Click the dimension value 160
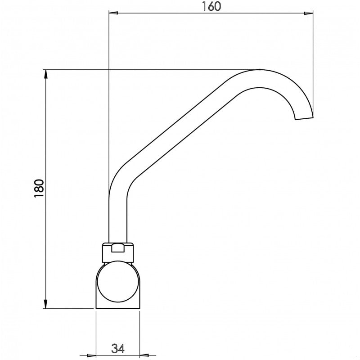point(211,7)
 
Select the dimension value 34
point(118,348)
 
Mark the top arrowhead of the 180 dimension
point(45,74)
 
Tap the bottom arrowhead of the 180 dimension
point(45,304)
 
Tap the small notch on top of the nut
point(118,247)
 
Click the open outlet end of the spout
point(304,118)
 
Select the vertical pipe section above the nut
point(118,220)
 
